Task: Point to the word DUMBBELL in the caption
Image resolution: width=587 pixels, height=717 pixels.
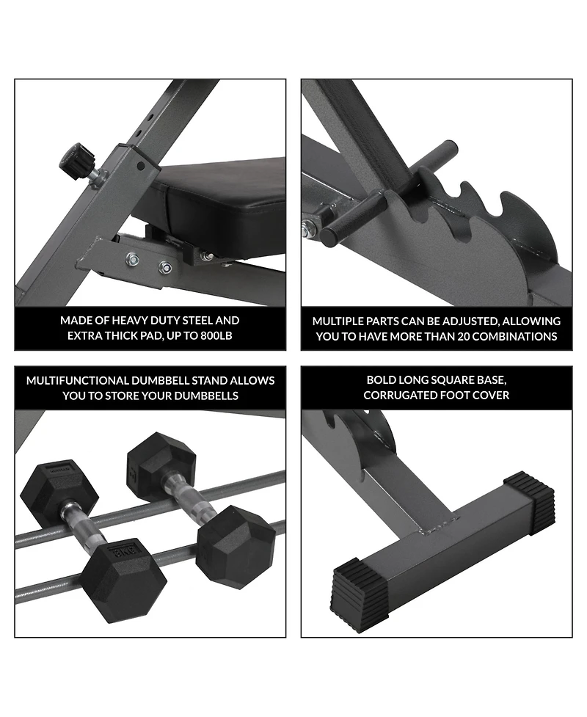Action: (x=160, y=380)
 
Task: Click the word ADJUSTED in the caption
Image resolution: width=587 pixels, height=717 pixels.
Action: (x=475, y=321)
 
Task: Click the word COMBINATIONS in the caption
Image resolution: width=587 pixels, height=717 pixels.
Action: (x=515, y=337)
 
